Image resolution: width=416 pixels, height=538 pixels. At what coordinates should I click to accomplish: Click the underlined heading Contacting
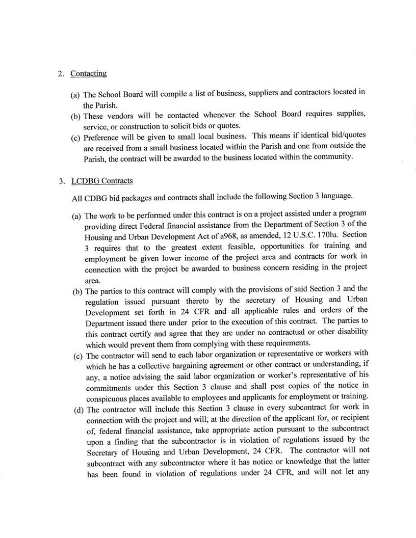pos(88,73)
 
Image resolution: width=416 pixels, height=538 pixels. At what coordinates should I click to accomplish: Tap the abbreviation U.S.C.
pos(295,233)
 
